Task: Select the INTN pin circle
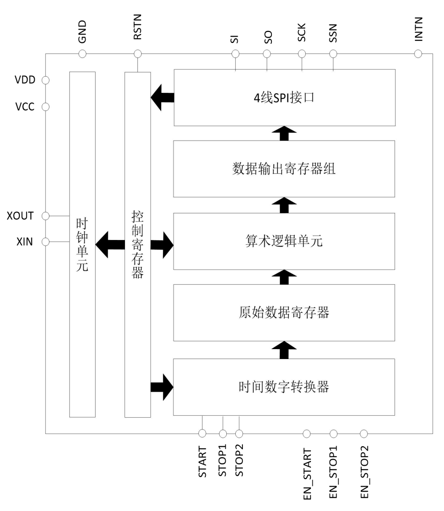click(x=418, y=54)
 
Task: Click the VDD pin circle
click(x=46, y=80)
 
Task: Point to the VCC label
click(x=25, y=106)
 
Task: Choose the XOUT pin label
click(x=21, y=216)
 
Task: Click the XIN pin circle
click(x=46, y=242)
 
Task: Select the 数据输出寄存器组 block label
click(x=284, y=169)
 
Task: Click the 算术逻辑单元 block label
click(x=284, y=242)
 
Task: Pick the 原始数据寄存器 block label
click(x=284, y=313)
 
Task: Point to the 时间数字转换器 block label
click(x=284, y=387)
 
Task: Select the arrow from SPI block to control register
click(x=162, y=99)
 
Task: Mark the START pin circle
click(x=202, y=433)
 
